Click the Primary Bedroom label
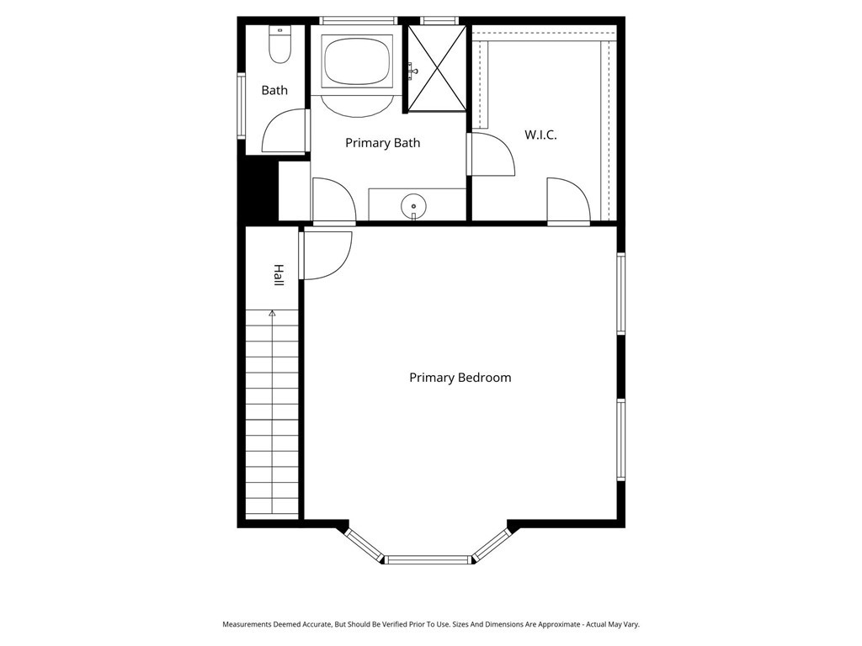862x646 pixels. (x=460, y=378)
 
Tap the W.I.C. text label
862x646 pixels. (x=540, y=135)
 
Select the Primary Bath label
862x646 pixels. (x=382, y=143)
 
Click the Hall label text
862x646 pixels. (x=278, y=275)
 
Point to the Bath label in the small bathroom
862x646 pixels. (x=274, y=90)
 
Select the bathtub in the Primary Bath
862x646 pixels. (x=358, y=60)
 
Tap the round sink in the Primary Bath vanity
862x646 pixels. (x=413, y=204)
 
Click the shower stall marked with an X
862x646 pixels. (x=437, y=68)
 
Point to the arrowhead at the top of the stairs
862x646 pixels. (x=272, y=313)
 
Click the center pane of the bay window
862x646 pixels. (x=428, y=559)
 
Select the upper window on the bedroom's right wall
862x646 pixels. (x=620, y=294)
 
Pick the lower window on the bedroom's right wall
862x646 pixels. (x=620, y=439)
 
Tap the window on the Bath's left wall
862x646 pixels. (x=241, y=106)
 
